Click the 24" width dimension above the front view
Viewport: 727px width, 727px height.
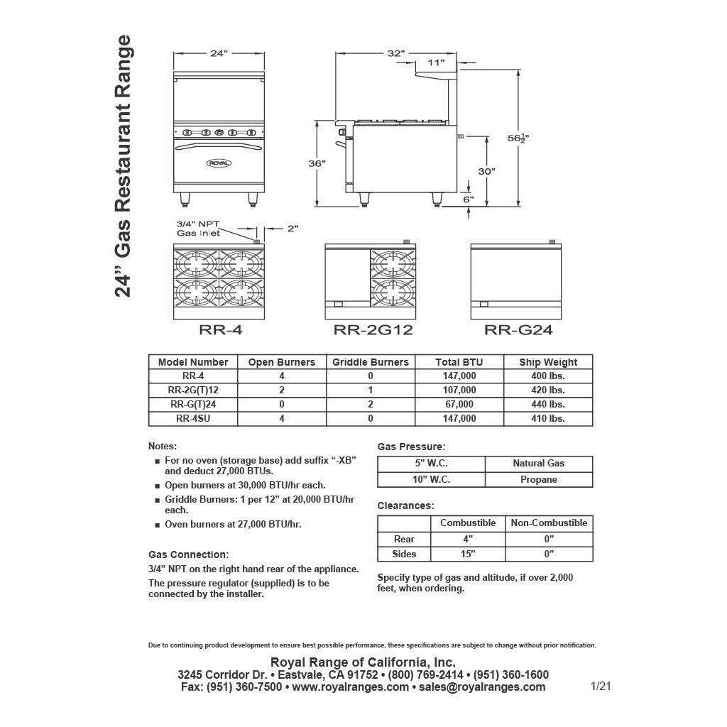(x=219, y=53)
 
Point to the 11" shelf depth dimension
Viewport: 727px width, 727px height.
(x=437, y=63)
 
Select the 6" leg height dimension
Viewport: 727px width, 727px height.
(x=468, y=199)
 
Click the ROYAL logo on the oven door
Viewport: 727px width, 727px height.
(x=219, y=163)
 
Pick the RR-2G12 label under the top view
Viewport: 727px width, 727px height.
(x=373, y=329)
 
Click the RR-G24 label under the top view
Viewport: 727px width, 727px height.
(x=518, y=329)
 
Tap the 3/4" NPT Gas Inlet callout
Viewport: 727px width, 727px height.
(x=198, y=229)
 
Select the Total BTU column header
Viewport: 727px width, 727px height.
(x=459, y=362)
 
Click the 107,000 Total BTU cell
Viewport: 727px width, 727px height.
(x=459, y=390)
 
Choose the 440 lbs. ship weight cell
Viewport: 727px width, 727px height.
(x=547, y=404)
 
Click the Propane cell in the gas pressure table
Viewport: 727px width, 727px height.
(x=538, y=479)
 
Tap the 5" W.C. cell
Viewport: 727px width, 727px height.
(x=432, y=463)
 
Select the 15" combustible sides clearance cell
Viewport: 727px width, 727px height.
(x=468, y=554)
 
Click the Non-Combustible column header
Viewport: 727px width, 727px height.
(x=549, y=523)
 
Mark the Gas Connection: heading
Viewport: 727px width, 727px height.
(x=188, y=554)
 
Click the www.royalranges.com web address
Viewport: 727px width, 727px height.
(x=350, y=687)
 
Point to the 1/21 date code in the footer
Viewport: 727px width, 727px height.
(x=601, y=686)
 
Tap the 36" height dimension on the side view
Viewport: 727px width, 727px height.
(x=317, y=164)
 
